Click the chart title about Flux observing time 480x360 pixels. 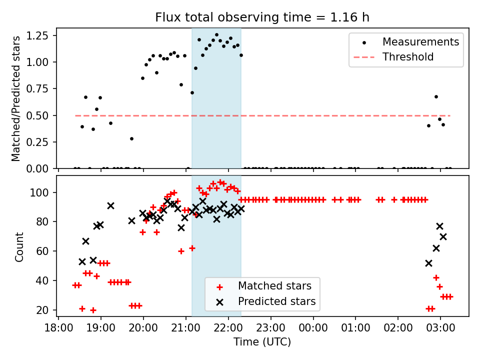(262, 17)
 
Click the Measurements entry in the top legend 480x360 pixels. (420, 42)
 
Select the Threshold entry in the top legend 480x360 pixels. (408, 57)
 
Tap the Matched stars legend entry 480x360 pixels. (274, 286)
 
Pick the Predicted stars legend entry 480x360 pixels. (276, 301)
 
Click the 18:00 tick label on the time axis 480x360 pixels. (58, 328)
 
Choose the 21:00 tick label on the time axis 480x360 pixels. (186, 328)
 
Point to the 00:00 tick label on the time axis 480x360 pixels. (313, 328)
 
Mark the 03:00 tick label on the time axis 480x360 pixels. (440, 328)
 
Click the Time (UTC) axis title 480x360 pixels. (262, 342)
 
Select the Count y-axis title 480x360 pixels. (19, 246)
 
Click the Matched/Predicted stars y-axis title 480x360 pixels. (16, 98)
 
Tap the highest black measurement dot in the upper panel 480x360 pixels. (216, 35)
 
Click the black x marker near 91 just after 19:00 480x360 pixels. (110, 205)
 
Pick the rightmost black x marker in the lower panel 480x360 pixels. (443, 236)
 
